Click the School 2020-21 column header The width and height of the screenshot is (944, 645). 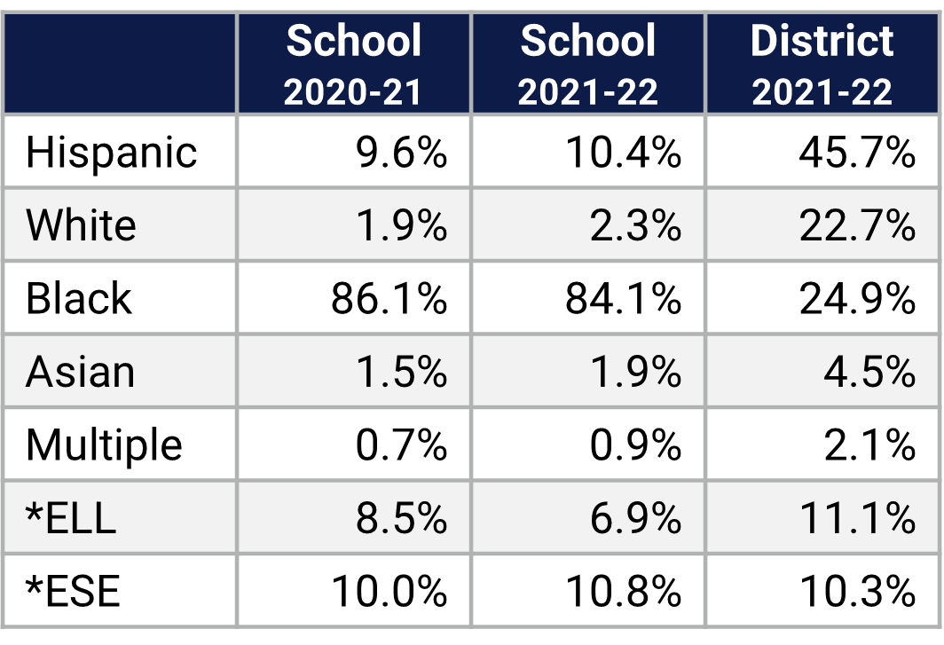pyautogui.click(x=353, y=64)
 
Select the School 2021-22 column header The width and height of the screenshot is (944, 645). pyautogui.click(x=588, y=64)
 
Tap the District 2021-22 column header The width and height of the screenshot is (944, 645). pyautogui.click(x=822, y=64)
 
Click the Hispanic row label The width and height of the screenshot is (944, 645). pyautogui.click(x=111, y=152)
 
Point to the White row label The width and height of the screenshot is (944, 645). pyautogui.click(x=81, y=225)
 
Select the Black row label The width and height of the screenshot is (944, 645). pyautogui.click(x=79, y=298)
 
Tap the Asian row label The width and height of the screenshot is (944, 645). pyautogui.click(x=81, y=372)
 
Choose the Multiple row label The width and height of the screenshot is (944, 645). pyautogui.click(x=104, y=444)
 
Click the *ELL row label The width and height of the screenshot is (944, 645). pyautogui.click(x=71, y=518)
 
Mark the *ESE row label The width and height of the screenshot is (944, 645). pyautogui.click(x=73, y=591)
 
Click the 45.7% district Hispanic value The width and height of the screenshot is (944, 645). pyautogui.click(x=856, y=152)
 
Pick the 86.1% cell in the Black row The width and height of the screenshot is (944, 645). pyautogui.click(x=389, y=298)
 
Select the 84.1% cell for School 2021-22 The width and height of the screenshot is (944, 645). pyautogui.click(x=623, y=298)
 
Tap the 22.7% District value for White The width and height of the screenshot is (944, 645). pyautogui.click(x=856, y=225)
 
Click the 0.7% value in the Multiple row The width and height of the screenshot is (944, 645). pyautogui.click(x=401, y=444)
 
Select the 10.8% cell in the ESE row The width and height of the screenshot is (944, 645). pyautogui.click(x=623, y=591)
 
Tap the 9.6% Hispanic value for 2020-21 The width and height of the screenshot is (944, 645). pyautogui.click(x=401, y=152)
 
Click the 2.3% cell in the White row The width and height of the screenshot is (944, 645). pyautogui.click(x=635, y=225)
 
